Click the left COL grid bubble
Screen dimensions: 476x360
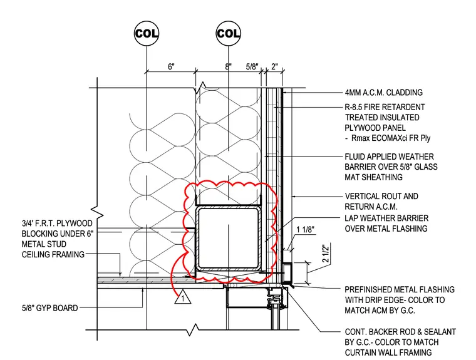point(147,33)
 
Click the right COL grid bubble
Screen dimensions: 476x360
point(228,33)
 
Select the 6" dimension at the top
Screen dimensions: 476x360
point(172,66)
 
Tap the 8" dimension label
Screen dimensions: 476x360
point(228,66)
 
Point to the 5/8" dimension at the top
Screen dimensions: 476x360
point(252,66)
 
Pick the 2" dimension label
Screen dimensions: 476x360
point(274,66)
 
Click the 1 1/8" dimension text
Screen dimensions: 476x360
point(305,230)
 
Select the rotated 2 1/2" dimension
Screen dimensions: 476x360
point(326,253)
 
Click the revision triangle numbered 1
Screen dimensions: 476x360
point(183,297)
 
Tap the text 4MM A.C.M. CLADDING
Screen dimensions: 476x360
point(384,92)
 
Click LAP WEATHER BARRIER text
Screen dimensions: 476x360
point(386,219)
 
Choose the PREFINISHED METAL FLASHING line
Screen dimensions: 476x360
point(400,290)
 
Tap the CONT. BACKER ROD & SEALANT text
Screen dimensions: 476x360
point(400,332)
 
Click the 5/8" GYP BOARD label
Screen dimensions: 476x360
point(49,308)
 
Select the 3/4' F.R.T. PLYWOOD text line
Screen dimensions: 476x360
point(57,224)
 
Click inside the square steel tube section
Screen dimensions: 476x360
point(228,238)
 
